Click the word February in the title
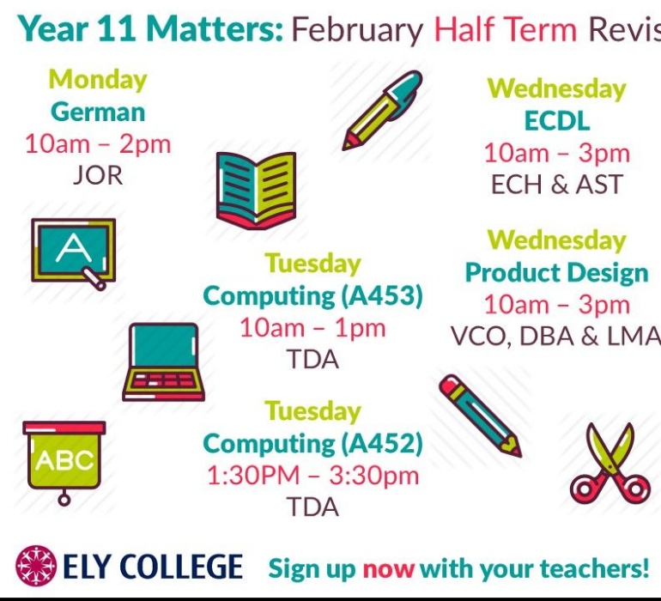click(357, 30)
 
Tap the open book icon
click(256, 191)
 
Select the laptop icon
click(164, 362)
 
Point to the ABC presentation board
click(64, 463)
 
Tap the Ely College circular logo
click(36, 566)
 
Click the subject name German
click(98, 112)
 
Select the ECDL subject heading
click(556, 121)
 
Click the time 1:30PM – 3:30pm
click(312, 476)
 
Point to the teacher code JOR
click(98, 175)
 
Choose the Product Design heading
click(556, 273)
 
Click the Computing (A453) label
click(312, 295)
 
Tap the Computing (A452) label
click(312, 444)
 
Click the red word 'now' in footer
click(388, 569)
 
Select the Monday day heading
click(98, 80)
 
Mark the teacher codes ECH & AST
click(556, 185)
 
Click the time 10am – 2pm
click(98, 144)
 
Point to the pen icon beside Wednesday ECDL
click(382, 111)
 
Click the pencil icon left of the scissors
click(480, 416)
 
